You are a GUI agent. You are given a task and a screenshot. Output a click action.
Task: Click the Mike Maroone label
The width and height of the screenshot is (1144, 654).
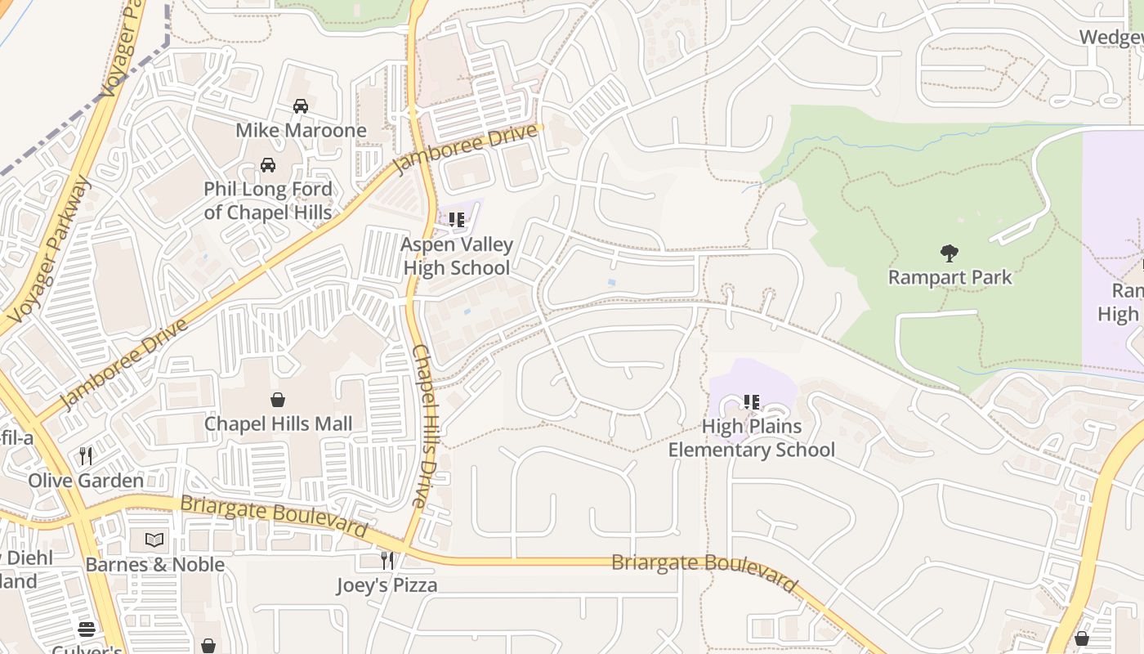click(301, 131)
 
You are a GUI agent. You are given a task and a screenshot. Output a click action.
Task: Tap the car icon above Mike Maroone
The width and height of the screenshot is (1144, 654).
click(301, 106)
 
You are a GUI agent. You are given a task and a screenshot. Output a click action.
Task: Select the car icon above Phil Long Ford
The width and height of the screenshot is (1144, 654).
click(268, 165)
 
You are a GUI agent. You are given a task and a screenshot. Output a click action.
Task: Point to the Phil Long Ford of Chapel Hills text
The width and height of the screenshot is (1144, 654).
click(268, 201)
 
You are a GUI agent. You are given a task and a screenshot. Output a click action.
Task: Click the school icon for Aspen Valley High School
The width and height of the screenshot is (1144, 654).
click(457, 220)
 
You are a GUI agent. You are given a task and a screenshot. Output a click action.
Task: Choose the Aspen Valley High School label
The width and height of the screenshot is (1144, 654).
click(457, 256)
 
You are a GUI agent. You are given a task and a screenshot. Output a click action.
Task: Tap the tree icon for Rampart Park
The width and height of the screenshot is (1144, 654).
click(949, 253)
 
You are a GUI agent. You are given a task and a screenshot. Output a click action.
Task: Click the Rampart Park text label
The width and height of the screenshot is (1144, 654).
click(950, 278)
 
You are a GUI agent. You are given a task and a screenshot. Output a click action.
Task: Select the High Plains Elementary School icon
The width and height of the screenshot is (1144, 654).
click(752, 402)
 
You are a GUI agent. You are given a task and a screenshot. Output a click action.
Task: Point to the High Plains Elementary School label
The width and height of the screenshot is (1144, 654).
click(752, 438)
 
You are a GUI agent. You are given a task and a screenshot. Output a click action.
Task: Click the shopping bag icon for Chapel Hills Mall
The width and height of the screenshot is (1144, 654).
click(278, 400)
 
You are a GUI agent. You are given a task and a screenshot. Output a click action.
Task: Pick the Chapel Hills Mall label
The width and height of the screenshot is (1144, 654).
click(278, 423)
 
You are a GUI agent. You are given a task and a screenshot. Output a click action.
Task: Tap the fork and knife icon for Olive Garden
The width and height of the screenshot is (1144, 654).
click(86, 456)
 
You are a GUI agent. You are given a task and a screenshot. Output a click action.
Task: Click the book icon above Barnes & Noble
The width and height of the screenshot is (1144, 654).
click(154, 540)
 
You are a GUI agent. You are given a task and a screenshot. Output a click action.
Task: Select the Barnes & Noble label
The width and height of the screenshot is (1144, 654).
click(154, 565)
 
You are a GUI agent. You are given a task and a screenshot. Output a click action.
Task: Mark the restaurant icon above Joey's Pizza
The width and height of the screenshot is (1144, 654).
click(387, 561)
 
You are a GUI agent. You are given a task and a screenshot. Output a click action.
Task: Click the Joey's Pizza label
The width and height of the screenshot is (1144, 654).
click(387, 585)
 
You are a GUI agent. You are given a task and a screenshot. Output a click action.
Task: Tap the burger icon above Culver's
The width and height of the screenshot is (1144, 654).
click(87, 629)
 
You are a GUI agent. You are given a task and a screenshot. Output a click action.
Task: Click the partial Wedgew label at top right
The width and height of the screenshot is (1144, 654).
click(1110, 38)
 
